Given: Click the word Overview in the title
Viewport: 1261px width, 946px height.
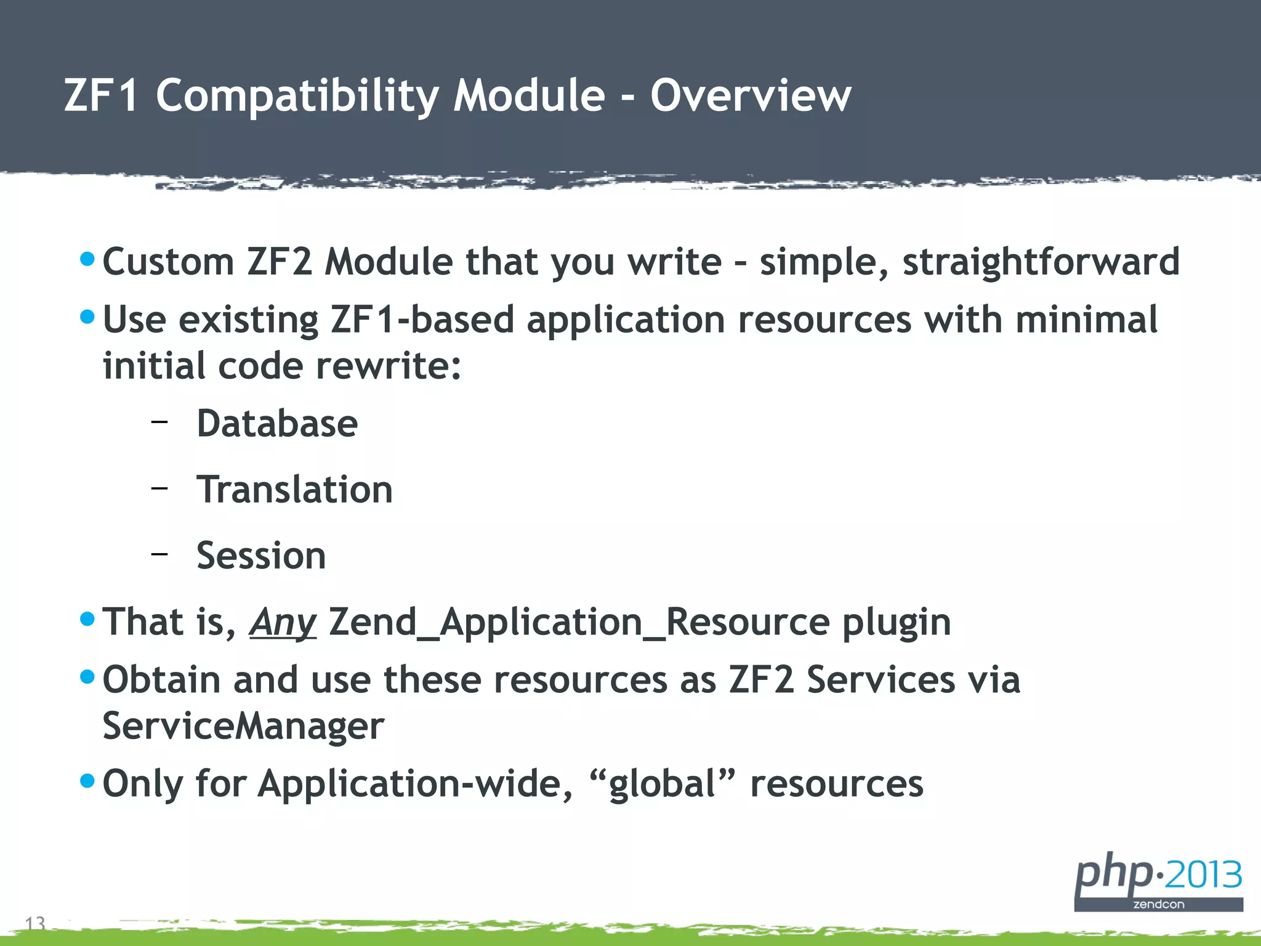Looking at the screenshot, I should point(751,96).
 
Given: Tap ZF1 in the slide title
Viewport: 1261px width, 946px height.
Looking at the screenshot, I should point(101,96).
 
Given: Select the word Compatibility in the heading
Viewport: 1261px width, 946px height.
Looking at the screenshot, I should point(297,97).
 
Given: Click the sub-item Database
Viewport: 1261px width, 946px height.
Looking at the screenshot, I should point(277,424).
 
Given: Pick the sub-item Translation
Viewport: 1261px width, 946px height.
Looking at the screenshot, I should point(294,490).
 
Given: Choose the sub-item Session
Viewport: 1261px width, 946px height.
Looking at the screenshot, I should point(261,556).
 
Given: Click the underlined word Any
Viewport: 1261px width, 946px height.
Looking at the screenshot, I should point(283,623).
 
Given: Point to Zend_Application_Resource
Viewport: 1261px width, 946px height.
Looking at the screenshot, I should point(579,622).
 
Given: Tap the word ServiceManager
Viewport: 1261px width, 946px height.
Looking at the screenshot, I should point(243,726).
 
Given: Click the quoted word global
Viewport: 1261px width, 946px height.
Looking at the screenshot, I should point(662,784).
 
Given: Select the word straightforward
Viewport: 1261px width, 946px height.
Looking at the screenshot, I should point(1041,262).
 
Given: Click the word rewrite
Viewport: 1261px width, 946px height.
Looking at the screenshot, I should point(388,366).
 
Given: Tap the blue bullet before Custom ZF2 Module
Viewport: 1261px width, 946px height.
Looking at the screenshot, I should point(87,259).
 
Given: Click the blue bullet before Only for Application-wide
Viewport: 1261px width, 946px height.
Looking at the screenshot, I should point(87,781).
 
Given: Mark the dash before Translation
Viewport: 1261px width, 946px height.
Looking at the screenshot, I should point(159,487).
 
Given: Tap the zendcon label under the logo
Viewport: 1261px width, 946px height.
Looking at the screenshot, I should point(1159,905).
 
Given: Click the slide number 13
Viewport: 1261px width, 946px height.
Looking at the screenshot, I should point(35,923).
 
